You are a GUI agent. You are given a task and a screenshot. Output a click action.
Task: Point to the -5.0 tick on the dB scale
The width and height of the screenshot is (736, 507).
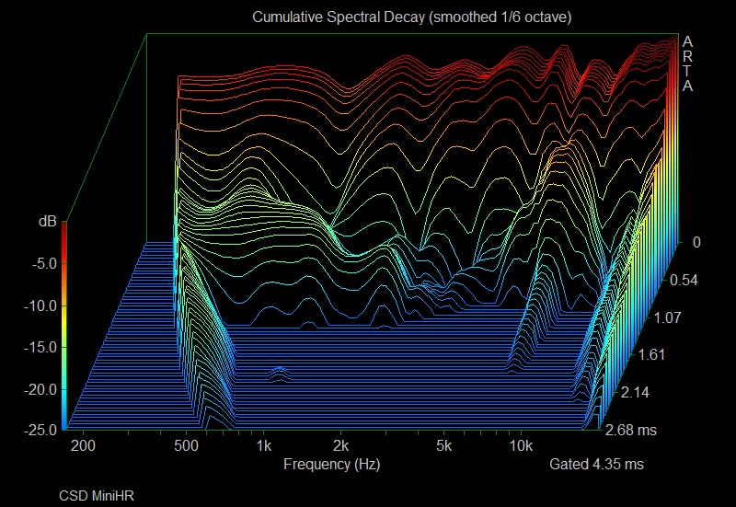coord(43,263)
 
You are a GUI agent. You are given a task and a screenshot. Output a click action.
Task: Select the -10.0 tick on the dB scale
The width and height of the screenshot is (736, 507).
coord(40,305)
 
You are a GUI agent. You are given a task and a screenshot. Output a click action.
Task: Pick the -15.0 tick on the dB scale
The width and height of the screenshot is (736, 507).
coord(40,347)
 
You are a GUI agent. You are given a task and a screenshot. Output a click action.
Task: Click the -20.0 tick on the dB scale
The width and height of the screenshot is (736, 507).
coord(40,389)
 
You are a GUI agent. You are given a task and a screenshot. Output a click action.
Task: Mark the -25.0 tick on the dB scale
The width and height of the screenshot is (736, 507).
coord(40,431)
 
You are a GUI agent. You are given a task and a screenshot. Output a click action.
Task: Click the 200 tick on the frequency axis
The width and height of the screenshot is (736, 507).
coord(83,447)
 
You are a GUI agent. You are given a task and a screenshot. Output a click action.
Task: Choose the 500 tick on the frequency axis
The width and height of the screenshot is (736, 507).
coord(187,447)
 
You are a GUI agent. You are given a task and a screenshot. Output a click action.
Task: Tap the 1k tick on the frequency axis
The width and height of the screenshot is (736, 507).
coord(264,447)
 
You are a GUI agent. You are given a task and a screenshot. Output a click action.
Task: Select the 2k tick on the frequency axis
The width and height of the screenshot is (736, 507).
coord(341,447)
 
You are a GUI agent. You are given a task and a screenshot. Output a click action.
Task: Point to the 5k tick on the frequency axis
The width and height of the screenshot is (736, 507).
coord(444,447)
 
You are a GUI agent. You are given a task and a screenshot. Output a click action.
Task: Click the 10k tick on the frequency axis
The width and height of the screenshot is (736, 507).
coord(521,447)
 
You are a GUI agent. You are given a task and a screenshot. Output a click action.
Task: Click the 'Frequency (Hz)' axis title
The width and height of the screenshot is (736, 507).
coord(331,465)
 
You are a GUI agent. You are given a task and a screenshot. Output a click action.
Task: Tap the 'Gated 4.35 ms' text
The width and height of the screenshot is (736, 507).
coord(596,465)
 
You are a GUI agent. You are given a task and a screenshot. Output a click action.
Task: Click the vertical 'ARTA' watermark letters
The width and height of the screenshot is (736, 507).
coord(686,63)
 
